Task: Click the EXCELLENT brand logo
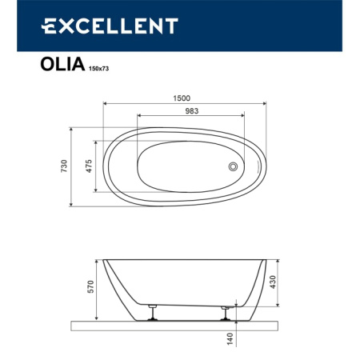coord(109,26)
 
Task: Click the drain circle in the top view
coord(234,166)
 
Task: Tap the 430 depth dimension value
coord(271,282)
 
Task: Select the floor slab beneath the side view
coord(180,323)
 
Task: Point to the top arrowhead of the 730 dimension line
coord(73,128)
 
